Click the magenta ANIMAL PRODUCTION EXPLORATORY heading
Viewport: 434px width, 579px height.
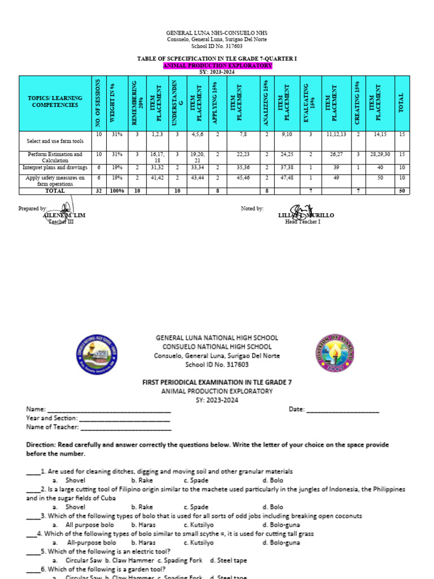(217, 66)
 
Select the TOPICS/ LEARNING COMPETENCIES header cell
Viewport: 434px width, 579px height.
(55, 102)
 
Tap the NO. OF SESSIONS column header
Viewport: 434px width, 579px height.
(98, 102)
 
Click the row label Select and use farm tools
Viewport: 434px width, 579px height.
(55, 141)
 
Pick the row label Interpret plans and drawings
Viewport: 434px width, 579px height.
(55, 167)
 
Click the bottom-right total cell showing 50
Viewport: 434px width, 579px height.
(402, 191)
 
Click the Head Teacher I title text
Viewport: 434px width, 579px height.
(302, 222)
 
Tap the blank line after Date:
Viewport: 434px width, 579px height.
(342, 410)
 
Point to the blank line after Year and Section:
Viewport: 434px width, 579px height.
(124, 418)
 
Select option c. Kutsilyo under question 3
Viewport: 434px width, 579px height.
(199, 525)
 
